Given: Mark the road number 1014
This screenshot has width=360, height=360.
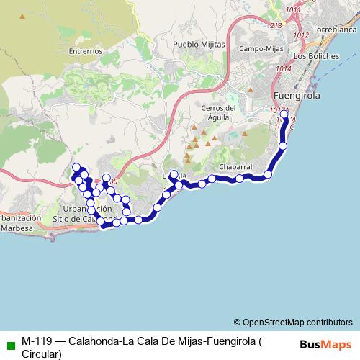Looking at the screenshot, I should [283, 68].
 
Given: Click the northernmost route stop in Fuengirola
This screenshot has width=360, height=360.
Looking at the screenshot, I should [284, 114].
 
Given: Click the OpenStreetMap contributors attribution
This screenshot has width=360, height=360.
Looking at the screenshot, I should [293, 323].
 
